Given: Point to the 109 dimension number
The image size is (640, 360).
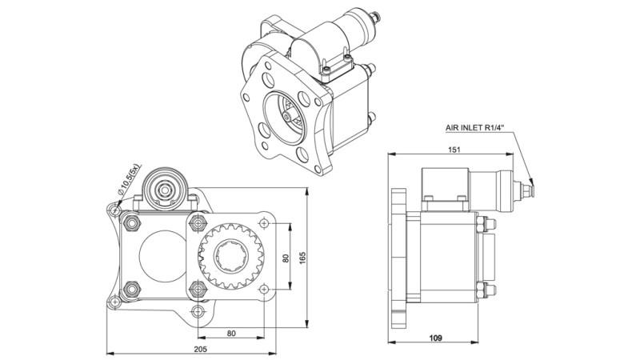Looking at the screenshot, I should click(x=434, y=337).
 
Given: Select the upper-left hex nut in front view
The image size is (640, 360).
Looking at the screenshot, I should click(x=133, y=222).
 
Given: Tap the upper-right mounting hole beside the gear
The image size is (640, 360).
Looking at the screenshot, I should click(x=262, y=223).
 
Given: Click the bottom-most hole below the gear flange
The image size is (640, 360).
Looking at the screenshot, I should click(x=197, y=311).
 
